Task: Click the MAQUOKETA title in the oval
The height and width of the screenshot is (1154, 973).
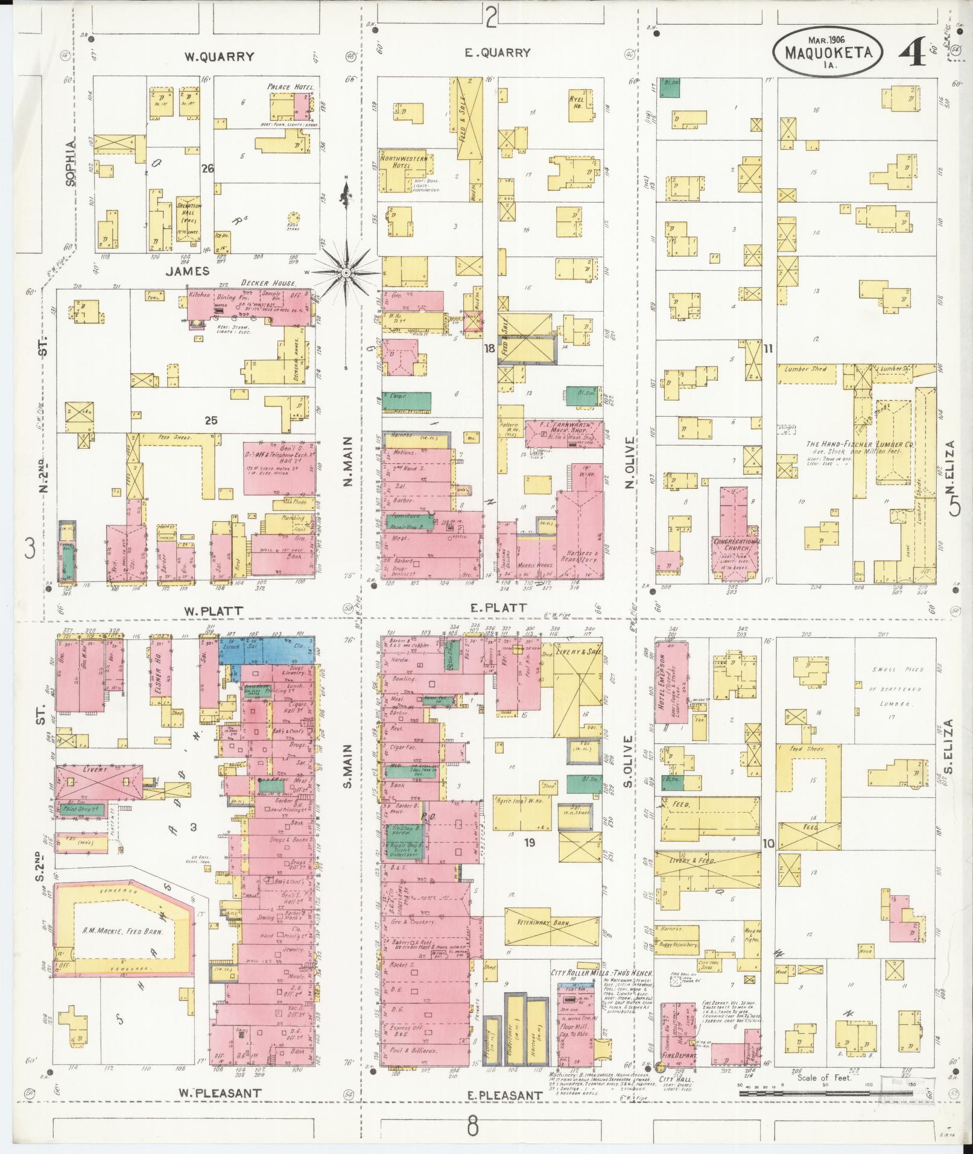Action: coord(828,52)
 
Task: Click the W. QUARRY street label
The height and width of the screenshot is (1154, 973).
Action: coord(219,57)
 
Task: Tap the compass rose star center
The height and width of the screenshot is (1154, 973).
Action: coord(346,273)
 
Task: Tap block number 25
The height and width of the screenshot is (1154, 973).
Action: coord(211,420)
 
